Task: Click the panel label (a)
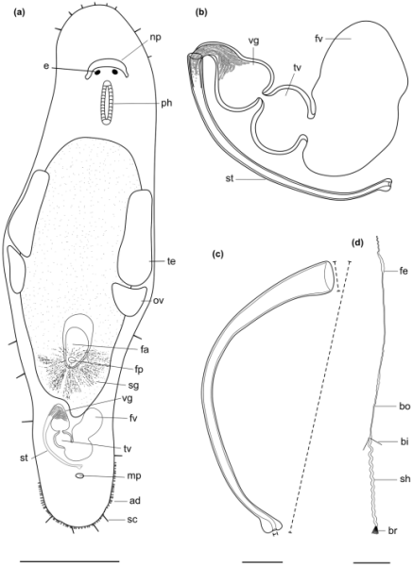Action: click(18, 13)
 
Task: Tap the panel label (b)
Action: click(200, 13)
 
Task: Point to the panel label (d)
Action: click(357, 243)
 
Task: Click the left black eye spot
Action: click(97, 73)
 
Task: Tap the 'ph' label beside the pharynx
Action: click(165, 104)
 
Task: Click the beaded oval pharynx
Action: click(107, 103)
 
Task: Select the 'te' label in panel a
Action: click(171, 261)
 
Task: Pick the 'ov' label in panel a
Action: click(159, 300)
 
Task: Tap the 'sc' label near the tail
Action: click(132, 520)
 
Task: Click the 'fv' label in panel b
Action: click(318, 39)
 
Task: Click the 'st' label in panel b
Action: click(230, 178)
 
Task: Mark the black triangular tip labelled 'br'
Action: click(376, 530)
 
